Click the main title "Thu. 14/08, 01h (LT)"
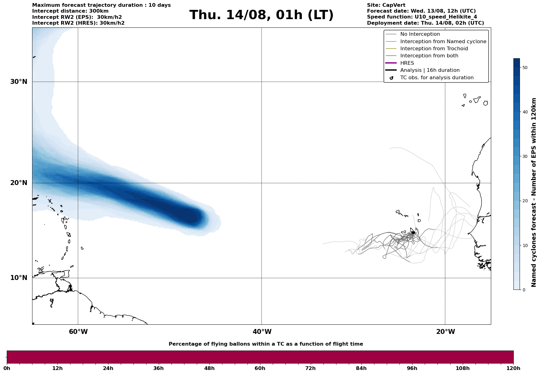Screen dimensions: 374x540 (261, 15)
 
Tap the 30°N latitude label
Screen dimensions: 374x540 (19, 82)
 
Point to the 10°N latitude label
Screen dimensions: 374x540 (19, 278)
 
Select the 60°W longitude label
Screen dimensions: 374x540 (78, 332)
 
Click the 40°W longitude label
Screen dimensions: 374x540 (262, 332)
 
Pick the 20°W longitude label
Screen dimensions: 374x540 (445, 332)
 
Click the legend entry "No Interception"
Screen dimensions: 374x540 (420, 34)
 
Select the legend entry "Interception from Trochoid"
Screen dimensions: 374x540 (434, 49)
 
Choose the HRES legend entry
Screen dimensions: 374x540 (407, 63)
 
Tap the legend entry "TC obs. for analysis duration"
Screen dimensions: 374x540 (437, 78)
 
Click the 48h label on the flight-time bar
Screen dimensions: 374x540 (209, 368)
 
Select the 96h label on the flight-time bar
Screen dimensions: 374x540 (412, 368)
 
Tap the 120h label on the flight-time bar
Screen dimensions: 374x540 (513, 368)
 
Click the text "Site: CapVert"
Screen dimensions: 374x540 (386, 5)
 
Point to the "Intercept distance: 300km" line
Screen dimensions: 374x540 (70, 11)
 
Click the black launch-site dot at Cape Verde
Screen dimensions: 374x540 (413, 232)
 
